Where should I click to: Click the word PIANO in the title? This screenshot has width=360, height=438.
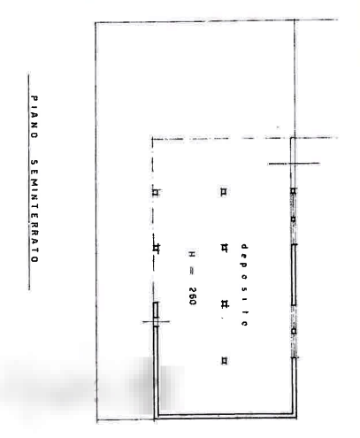34,117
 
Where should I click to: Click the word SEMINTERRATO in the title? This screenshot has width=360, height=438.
34,211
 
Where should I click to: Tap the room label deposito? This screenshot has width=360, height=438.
244,285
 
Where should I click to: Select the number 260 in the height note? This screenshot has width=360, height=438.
192,296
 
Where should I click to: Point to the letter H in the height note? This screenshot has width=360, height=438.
192,254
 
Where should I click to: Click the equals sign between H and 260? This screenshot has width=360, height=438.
192,273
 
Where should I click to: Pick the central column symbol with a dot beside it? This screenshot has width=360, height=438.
224,304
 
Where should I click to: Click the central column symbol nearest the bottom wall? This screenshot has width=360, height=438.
224,360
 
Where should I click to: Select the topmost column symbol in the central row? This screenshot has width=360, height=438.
224,192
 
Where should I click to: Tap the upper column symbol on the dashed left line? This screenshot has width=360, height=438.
156,193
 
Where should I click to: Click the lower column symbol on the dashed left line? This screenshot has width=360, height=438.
157,249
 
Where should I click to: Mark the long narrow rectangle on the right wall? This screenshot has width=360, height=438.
294,275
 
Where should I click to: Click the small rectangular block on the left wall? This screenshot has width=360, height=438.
156,310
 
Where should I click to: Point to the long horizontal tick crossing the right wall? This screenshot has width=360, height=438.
294,163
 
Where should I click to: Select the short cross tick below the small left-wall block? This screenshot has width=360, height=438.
156,321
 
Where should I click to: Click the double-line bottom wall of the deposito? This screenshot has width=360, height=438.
226,416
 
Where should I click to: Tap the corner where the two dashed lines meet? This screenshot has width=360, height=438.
152,138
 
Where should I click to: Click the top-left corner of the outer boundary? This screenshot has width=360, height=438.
96,23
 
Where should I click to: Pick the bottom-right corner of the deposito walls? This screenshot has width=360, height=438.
296,417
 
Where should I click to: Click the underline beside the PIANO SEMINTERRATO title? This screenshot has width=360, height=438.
28,181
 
